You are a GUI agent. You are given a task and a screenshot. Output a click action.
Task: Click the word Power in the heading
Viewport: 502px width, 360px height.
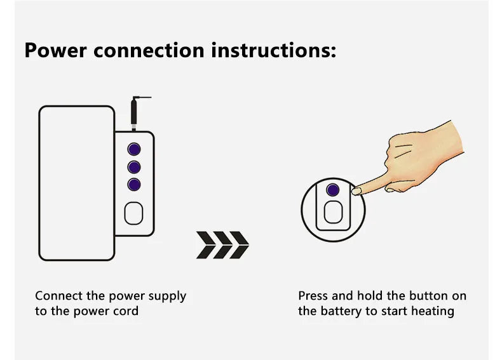coord(55,51)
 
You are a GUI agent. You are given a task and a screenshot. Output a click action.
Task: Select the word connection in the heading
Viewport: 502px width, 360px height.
coord(149,51)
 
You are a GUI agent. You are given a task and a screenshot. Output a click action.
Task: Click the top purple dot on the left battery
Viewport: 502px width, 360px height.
coord(134,149)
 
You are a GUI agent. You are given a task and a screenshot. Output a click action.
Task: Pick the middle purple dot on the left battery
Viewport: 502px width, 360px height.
coord(134,167)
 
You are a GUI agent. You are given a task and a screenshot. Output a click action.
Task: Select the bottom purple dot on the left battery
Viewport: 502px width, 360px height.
coord(134,185)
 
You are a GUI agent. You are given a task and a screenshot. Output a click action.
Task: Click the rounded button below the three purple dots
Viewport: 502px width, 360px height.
coord(133,213)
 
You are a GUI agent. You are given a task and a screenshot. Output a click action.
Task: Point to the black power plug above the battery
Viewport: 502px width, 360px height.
coord(134,114)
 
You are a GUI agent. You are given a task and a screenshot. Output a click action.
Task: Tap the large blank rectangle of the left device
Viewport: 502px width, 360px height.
coord(76,183)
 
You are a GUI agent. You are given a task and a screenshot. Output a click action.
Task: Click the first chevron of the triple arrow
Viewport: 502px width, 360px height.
coord(206,245)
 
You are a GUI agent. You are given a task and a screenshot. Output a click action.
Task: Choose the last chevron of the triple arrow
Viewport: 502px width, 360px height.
coord(240,245)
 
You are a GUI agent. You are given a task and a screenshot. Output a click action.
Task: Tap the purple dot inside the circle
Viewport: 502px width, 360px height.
coord(332,190)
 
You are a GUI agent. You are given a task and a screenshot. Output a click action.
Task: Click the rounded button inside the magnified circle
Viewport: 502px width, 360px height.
coord(333,212)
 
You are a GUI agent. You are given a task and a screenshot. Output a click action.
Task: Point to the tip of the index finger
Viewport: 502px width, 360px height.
coord(355,191)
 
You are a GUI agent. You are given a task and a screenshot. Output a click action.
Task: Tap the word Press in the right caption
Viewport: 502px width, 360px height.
coord(313,296)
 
